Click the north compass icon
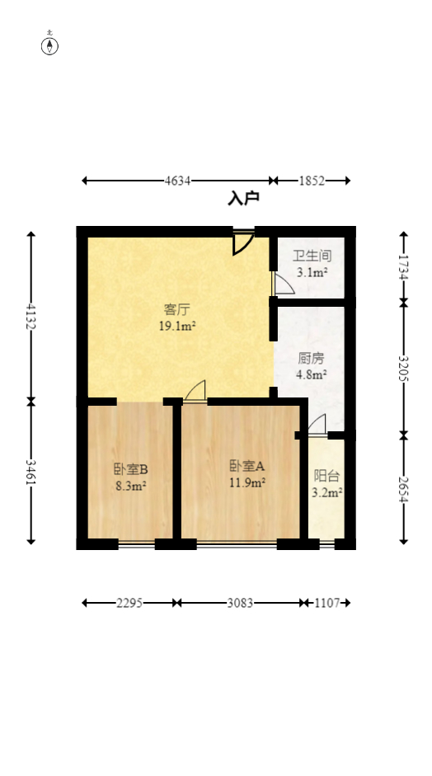pos(50,45)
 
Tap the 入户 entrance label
pos(243,198)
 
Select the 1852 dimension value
pos(312,181)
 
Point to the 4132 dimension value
pos(31,317)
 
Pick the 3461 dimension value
pos(31,473)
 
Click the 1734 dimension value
pos(404,267)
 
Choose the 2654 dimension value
pos(404,487)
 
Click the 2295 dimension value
pos(129,603)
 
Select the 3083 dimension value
pos(240,603)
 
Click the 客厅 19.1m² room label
pos(177,317)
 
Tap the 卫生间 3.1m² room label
pos(312,263)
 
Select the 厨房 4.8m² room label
pos(312,365)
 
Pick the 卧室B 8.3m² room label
pos(130,477)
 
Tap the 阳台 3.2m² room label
pos(327,484)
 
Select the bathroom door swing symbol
pos(282,284)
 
